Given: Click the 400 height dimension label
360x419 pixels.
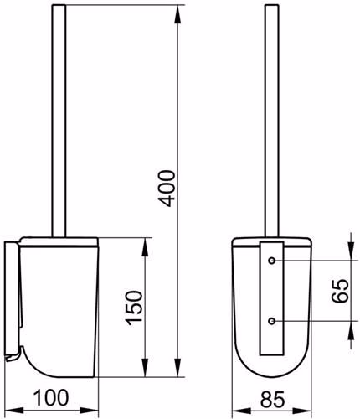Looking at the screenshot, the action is pos(167,189).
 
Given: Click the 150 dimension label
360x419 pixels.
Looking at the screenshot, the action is pos(134,308).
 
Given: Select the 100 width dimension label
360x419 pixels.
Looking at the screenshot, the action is pos(51,397).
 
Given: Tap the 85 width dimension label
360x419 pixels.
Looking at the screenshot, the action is pos(272,399).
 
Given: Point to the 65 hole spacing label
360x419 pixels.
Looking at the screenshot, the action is pos(340,291).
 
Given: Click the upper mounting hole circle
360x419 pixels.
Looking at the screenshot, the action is pos(272,261).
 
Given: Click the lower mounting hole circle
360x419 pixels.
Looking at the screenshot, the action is pos(272,321).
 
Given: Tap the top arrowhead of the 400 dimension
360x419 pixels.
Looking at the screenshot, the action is pos(177,14).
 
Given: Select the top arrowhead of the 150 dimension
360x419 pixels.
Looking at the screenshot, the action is pos(145,247).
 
